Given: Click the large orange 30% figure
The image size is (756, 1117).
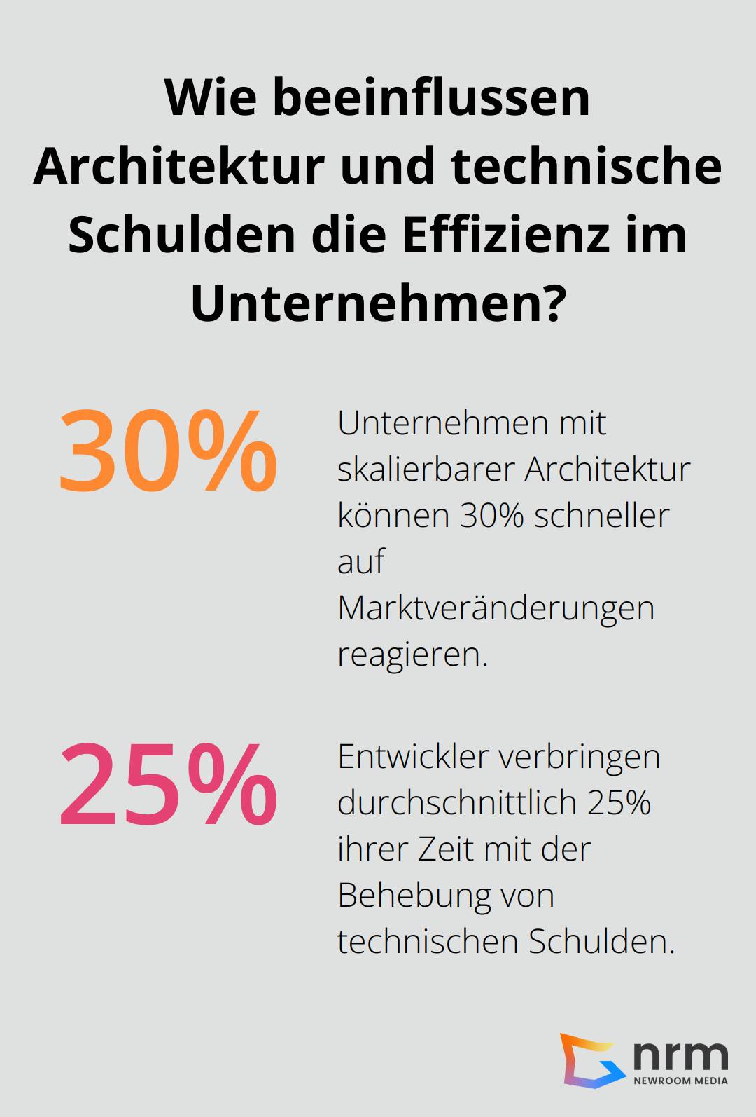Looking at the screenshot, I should click(x=168, y=451).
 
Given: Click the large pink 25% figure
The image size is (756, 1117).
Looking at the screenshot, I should click(x=168, y=785).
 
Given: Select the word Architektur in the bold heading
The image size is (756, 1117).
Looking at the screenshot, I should click(x=178, y=166).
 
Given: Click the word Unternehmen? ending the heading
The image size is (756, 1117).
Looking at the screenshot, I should click(x=378, y=303).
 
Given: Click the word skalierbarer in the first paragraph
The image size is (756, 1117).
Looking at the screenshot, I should click(x=426, y=470).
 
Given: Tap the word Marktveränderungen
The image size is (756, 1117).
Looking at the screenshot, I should click(x=496, y=608).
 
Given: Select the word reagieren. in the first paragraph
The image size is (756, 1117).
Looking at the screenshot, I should click(x=412, y=655).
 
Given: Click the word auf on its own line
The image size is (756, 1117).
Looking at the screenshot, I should click(x=361, y=561).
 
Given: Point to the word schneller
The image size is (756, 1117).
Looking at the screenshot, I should click(x=601, y=516).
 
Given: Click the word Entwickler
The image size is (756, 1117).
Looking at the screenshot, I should click(x=413, y=757).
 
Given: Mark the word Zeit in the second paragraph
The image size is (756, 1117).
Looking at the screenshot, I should click(x=446, y=849).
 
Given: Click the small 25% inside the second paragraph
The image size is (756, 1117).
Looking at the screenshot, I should click(x=619, y=803).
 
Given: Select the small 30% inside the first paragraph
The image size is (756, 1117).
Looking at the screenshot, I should click(x=491, y=516).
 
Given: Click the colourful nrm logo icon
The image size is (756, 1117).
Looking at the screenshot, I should click(x=589, y=1060).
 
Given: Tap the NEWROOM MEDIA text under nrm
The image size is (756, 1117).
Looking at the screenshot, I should click(x=680, y=1081).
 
